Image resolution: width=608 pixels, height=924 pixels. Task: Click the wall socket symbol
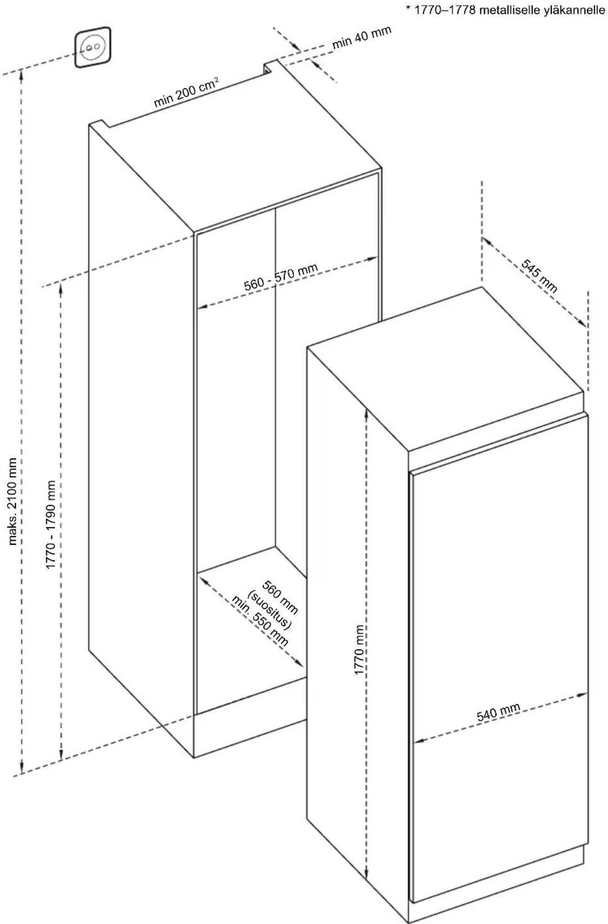(x=93, y=48)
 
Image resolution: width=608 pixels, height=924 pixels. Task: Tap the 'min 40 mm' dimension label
(x=362, y=37)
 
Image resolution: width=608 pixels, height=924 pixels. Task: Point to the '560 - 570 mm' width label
(x=281, y=277)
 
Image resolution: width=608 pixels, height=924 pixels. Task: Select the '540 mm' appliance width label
(x=498, y=712)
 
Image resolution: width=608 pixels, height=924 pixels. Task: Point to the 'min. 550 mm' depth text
(x=260, y=620)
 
